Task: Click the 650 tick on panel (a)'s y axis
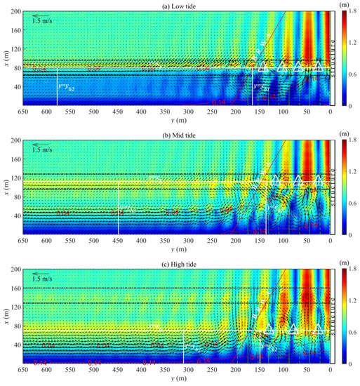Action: click(x=22, y=112)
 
